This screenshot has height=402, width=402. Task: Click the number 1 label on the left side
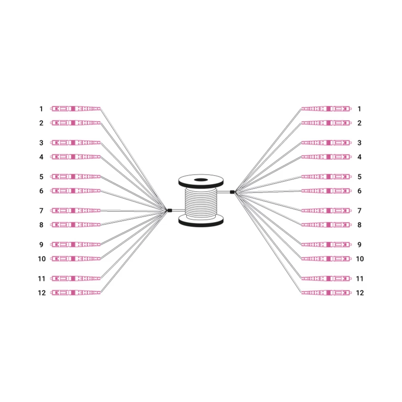point(41,109)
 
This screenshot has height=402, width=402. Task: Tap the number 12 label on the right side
point(360,293)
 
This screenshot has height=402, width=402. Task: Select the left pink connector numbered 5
point(76,176)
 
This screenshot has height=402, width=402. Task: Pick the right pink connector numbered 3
point(326,143)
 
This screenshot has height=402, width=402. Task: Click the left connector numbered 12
point(76,293)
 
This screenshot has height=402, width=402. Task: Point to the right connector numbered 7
point(326,211)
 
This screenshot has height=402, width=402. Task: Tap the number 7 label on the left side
point(41,211)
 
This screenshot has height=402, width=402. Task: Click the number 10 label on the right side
point(360,258)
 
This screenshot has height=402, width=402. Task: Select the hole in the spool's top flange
point(201,180)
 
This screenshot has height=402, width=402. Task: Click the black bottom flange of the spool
point(201,222)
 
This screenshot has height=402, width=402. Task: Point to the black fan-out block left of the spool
point(170,211)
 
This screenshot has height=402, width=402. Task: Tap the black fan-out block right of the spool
point(232,192)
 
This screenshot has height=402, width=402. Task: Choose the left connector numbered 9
point(76,244)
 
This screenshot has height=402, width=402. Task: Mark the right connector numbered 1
point(326,109)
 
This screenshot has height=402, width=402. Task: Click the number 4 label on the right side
point(359,157)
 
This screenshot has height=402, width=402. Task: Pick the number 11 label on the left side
point(41,279)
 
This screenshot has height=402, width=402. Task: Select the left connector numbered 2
point(76,123)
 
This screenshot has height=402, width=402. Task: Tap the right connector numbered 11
point(326,279)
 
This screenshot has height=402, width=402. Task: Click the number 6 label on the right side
point(359,191)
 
